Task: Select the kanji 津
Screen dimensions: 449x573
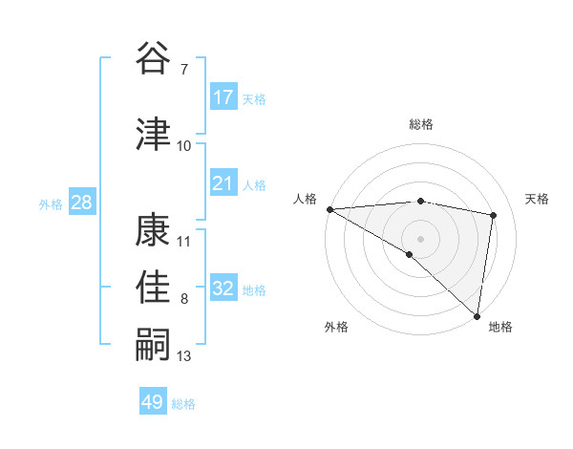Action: (x=154, y=134)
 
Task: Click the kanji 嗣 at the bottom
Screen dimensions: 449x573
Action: (x=154, y=345)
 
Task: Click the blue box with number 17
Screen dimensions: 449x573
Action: (x=223, y=97)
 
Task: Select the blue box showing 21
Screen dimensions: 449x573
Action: (x=223, y=183)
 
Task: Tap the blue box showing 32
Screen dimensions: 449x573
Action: (x=223, y=289)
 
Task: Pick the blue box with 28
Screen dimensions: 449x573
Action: (x=81, y=203)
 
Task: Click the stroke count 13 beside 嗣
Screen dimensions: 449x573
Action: (x=184, y=356)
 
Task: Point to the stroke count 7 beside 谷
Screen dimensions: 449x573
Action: (x=183, y=70)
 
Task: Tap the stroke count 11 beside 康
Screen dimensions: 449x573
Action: (x=184, y=241)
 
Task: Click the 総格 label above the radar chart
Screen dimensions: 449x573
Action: (x=421, y=124)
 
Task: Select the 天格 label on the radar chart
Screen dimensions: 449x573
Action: (x=538, y=199)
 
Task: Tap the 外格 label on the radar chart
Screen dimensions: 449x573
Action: (x=336, y=327)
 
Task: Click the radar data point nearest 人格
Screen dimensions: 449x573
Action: (x=329, y=209)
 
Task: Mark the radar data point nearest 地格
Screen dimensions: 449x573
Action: (x=477, y=315)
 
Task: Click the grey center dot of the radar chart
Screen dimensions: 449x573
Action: (x=420, y=237)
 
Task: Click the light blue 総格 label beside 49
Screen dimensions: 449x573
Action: (x=183, y=403)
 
